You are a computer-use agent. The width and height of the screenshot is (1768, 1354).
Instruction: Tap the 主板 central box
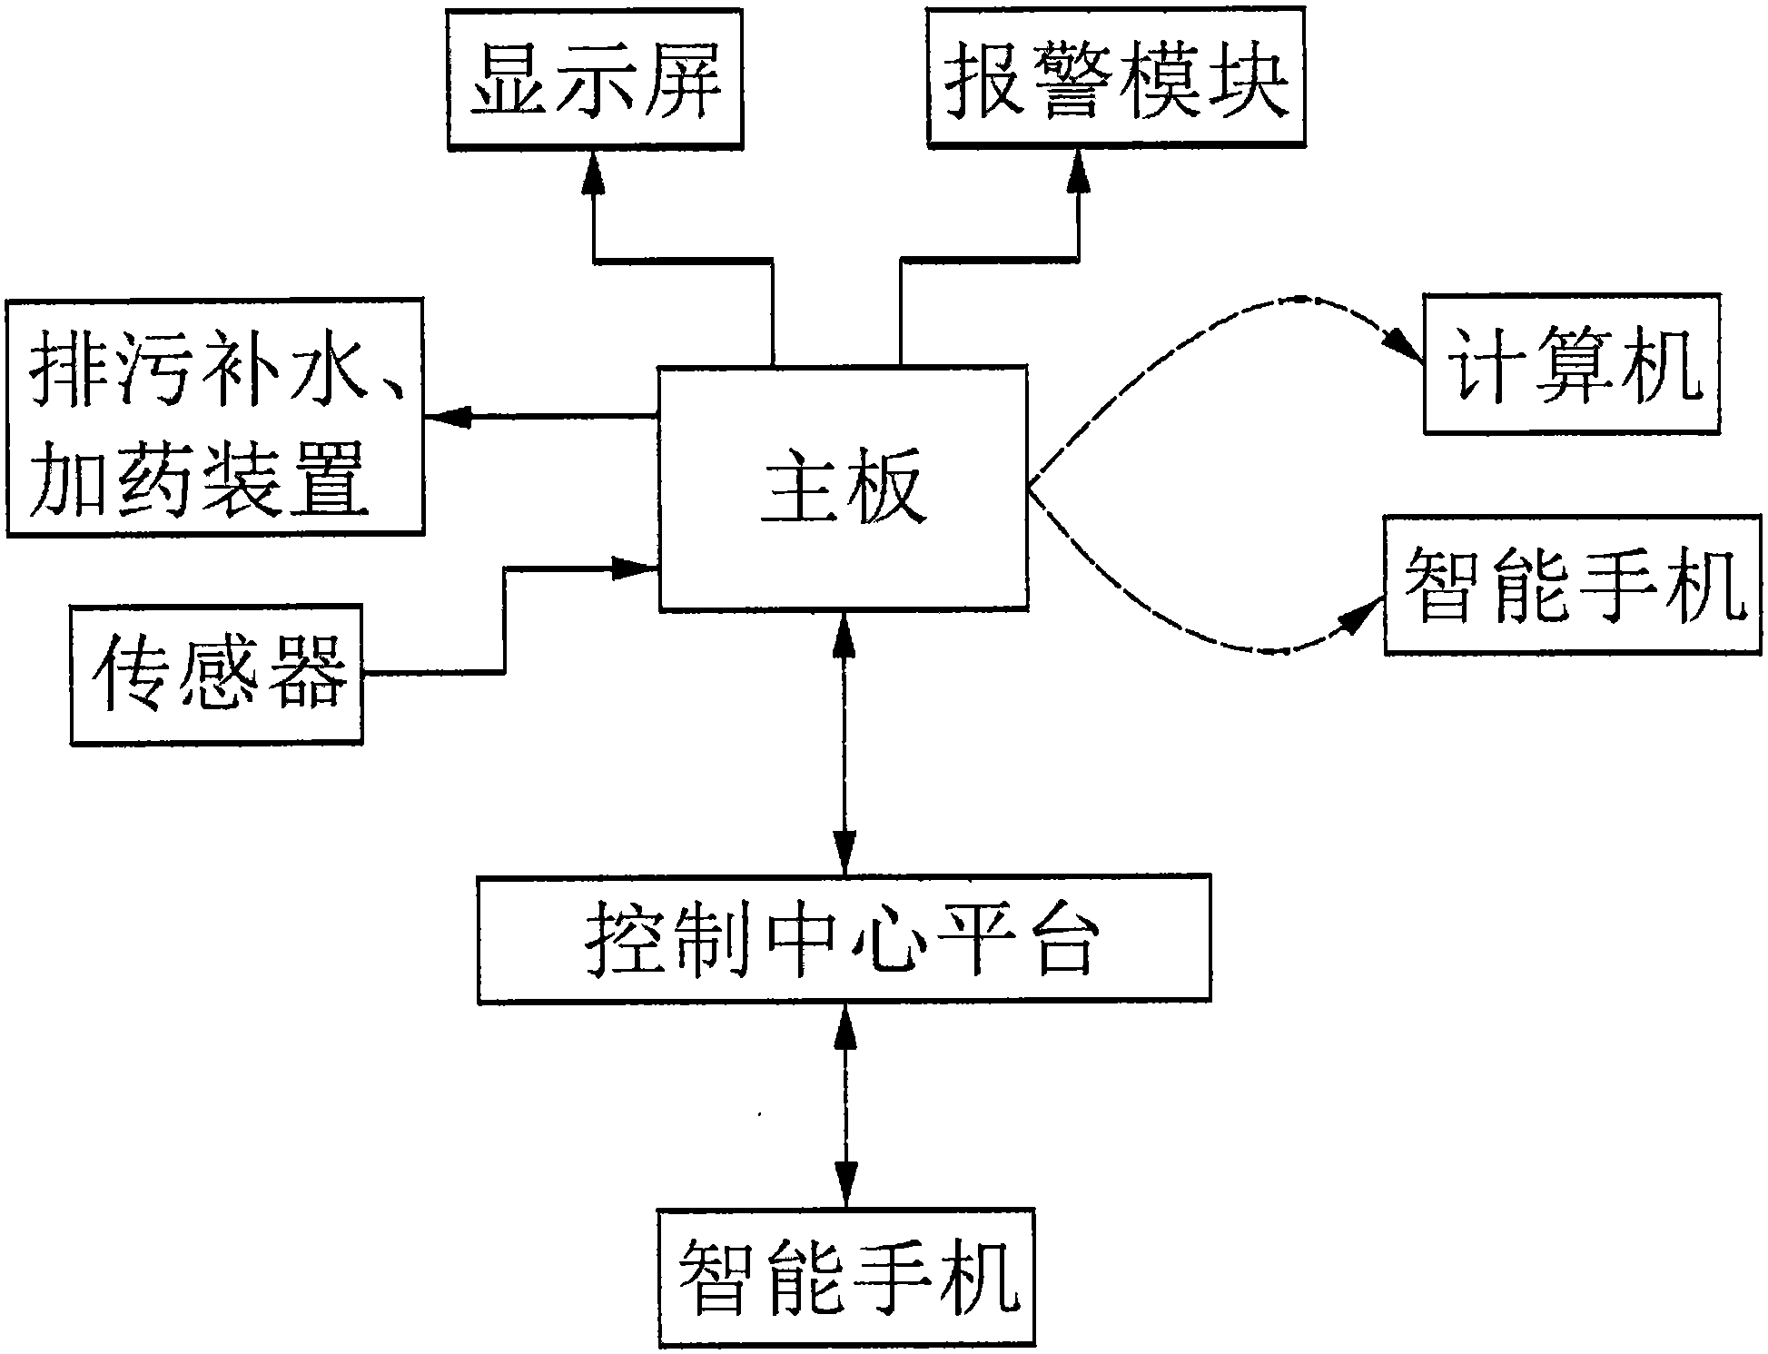click(844, 488)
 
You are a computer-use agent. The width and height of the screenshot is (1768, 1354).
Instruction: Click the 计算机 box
click(1572, 363)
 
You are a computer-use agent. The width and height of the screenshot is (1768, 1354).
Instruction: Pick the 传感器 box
click(217, 675)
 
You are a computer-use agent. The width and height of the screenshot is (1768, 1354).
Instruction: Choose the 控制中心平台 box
click(844, 939)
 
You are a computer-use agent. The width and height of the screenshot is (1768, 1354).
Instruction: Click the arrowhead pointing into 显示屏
click(595, 170)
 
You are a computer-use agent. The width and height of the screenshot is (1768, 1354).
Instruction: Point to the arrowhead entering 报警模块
click(1079, 170)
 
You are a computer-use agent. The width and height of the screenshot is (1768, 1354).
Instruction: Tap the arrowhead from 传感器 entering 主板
click(635, 568)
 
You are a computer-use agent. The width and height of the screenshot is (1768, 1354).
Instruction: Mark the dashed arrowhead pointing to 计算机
click(1399, 348)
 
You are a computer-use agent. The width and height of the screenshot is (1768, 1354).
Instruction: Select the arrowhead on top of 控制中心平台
click(844, 854)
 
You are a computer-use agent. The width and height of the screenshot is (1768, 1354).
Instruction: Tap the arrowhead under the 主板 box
click(844, 632)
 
